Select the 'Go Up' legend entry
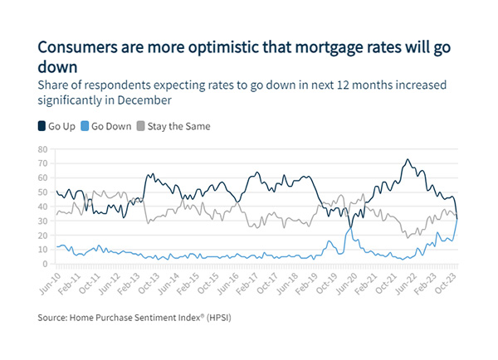point(61,127)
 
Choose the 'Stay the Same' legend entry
point(178,127)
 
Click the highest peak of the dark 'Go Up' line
point(407,159)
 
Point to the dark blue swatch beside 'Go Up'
point(42,127)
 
